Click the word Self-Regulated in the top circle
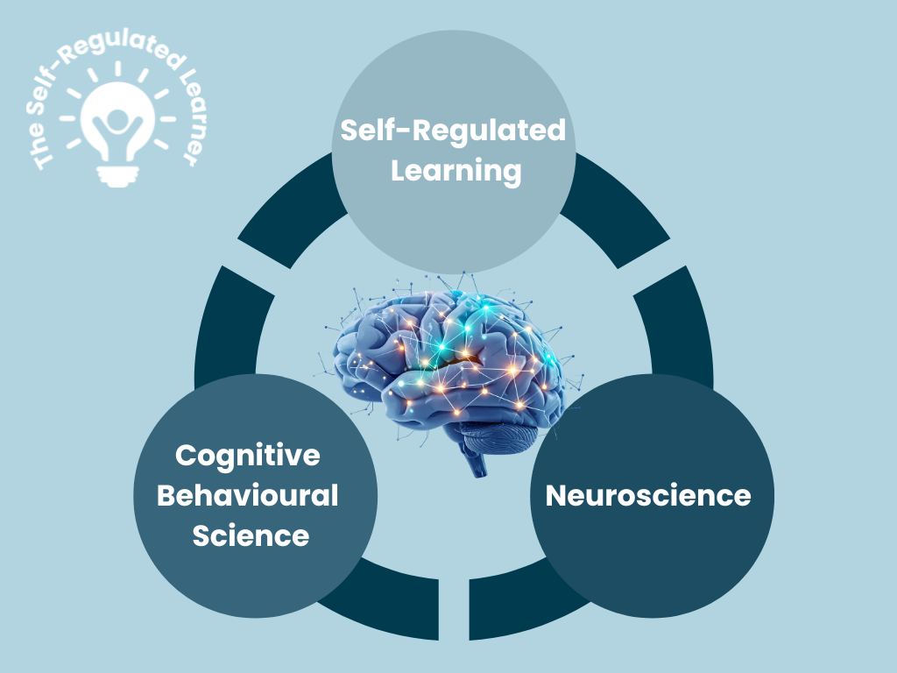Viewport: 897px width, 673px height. tap(453, 131)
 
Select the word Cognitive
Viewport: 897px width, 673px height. tap(248, 456)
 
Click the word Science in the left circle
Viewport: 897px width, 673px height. tap(251, 535)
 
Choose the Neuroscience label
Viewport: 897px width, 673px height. tap(648, 495)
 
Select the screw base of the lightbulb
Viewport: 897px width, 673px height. tap(114, 177)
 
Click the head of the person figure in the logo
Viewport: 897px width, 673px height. tap(114, 118)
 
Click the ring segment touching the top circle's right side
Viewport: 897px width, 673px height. tap(613, 219)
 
